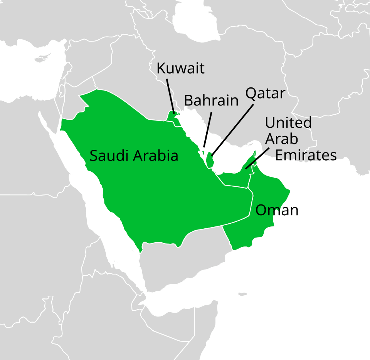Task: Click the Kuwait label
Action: pyautogui.click(x=180, y=69)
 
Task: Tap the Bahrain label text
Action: pyautogui.click(x=211, y=100)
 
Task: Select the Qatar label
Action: pyautogui.click(x=265, y=93)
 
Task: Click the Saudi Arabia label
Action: pyautogui.click(x=134, y=156)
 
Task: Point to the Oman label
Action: pyautogui.click(x=277, y=210)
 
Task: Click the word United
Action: pyautogui.click(x=288, y=123)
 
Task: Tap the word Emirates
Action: pyautogui.click(x=306, y=155)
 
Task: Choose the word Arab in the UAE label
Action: pyautogui.click(x=281, y=139)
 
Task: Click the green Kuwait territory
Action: pyautogui.click(x=172, y=116)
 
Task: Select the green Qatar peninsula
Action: pyautogui.click(x=210, y=160)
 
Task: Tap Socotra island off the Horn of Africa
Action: pyautogui.click(x=242, y=295)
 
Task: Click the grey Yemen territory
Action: pyautogui.click(x=181, y=262)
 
